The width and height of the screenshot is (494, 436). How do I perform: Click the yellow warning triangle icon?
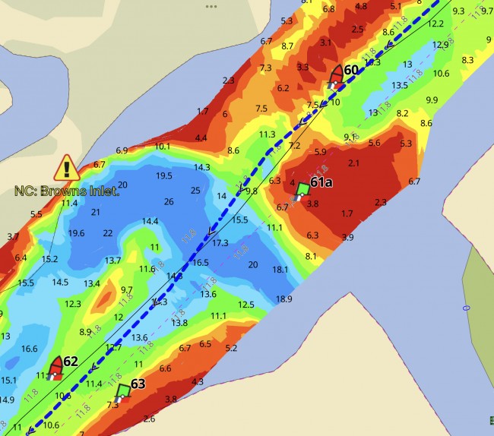click(x=67, y=167)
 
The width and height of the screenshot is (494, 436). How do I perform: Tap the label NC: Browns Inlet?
click(x=67, y=191)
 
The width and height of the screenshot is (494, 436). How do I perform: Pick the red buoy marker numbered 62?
click(x=55, y=368)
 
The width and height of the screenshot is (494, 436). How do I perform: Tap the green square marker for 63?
click(x=123, y=391)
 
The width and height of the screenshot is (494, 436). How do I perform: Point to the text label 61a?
click(x=321, y=182)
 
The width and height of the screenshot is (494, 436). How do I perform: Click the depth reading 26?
click(x=169, y=201)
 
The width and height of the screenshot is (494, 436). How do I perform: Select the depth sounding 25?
click(x=195, y=190)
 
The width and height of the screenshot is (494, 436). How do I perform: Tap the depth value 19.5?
click(x=164, y=175)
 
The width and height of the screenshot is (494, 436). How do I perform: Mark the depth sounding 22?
click(x=108, y=232)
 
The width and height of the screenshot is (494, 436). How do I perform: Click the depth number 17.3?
click(x=220, y=243)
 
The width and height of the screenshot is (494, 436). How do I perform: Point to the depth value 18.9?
click(x=284, y=299)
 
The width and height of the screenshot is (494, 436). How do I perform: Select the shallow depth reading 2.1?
click(x=353, y=163)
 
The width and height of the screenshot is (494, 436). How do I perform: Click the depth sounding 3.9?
click(x=347, y=238)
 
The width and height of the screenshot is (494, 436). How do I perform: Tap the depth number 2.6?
click(x=149, y=419)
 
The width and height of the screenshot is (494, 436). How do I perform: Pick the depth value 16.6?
click(x=30, y=349)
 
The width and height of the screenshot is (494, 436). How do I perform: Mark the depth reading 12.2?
click(x=435, y=24)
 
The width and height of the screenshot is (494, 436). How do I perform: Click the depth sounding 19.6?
click(x=76, y=233)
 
